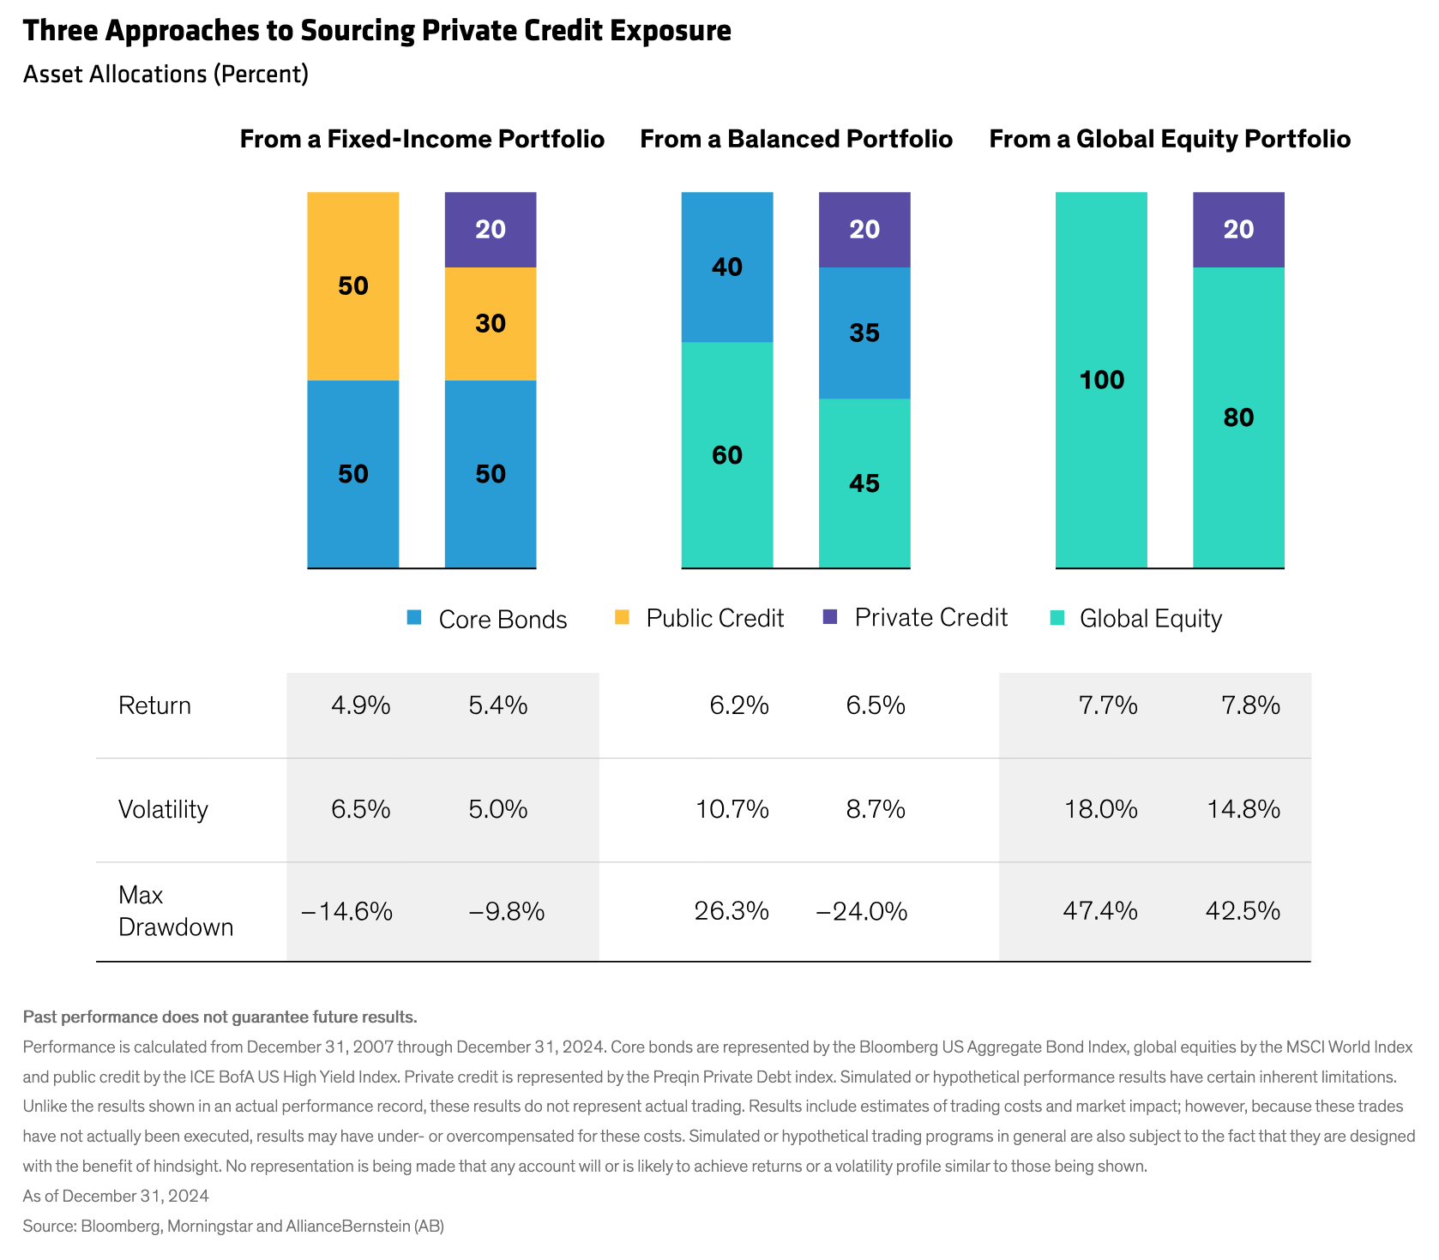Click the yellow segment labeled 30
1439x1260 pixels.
coord(491,324)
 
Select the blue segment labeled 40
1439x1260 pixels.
coord(727,267)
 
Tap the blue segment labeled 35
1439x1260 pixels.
coord(864,333)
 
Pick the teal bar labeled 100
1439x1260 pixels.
coord(1101,380)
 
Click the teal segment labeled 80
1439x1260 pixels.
coord(1238,417)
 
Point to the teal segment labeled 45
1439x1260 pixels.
coord(864,483)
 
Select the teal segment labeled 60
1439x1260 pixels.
coord(727,455)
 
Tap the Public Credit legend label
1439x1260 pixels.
coord(714,618)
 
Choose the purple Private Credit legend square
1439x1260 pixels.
coord(829,617)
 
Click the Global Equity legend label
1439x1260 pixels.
coord(1150,618)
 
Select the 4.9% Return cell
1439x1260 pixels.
coord(361,705)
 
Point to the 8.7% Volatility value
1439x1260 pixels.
coord(876,809)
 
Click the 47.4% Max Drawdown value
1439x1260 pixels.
coord(1100,910)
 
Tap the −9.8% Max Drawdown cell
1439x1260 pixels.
coord(507,911)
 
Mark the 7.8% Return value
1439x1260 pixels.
coord(1250,705)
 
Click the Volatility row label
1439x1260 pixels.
coord(163,809)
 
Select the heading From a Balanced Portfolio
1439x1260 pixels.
coord(796,139)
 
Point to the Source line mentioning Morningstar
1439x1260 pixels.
coord(233,1226)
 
